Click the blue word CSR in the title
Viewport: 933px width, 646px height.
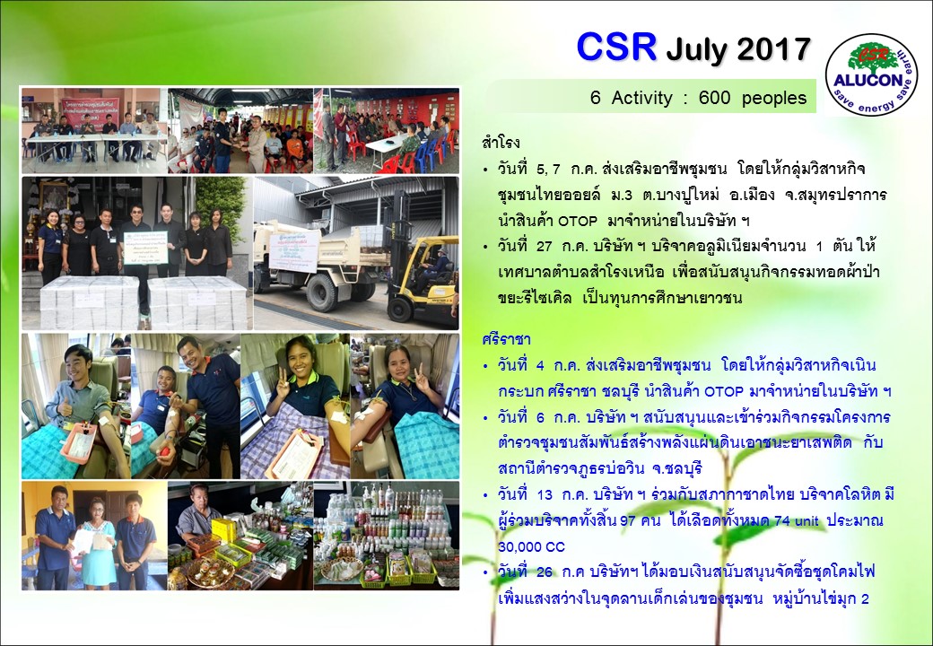click(x=616, y=47)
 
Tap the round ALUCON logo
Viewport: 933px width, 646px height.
click(x=872, y=74)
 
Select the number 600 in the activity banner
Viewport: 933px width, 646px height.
click(x=714, y=98)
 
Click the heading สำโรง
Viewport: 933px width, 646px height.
click(x=501, y=143)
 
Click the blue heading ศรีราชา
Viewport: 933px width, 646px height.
click(x=506, y=340)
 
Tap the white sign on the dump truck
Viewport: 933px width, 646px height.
click(x=294, y=250)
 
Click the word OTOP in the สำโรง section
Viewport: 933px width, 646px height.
click(x=577, y=222)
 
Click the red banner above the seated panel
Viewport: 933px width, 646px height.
click(x=90, y=111)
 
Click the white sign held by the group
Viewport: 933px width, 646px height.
click(x=145, y=248)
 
